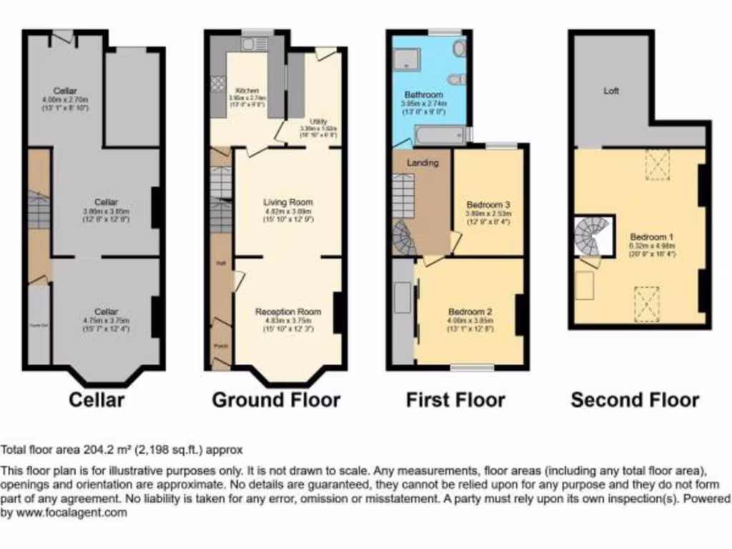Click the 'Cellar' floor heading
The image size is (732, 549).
coord(97,400)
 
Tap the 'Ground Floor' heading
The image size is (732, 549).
coord(276,400)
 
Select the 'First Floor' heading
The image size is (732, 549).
coord(455,400)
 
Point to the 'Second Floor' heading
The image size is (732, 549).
coord(635,400)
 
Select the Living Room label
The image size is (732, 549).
coord(288,202)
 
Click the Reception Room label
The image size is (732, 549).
coord(288,312)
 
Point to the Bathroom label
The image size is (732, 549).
coord(425,94)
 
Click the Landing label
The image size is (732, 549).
coord(422,163)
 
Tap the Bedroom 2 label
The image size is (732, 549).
coord(470,312)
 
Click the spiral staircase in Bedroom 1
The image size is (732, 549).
coord(593,237)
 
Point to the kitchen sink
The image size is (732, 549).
coord(251,45)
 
